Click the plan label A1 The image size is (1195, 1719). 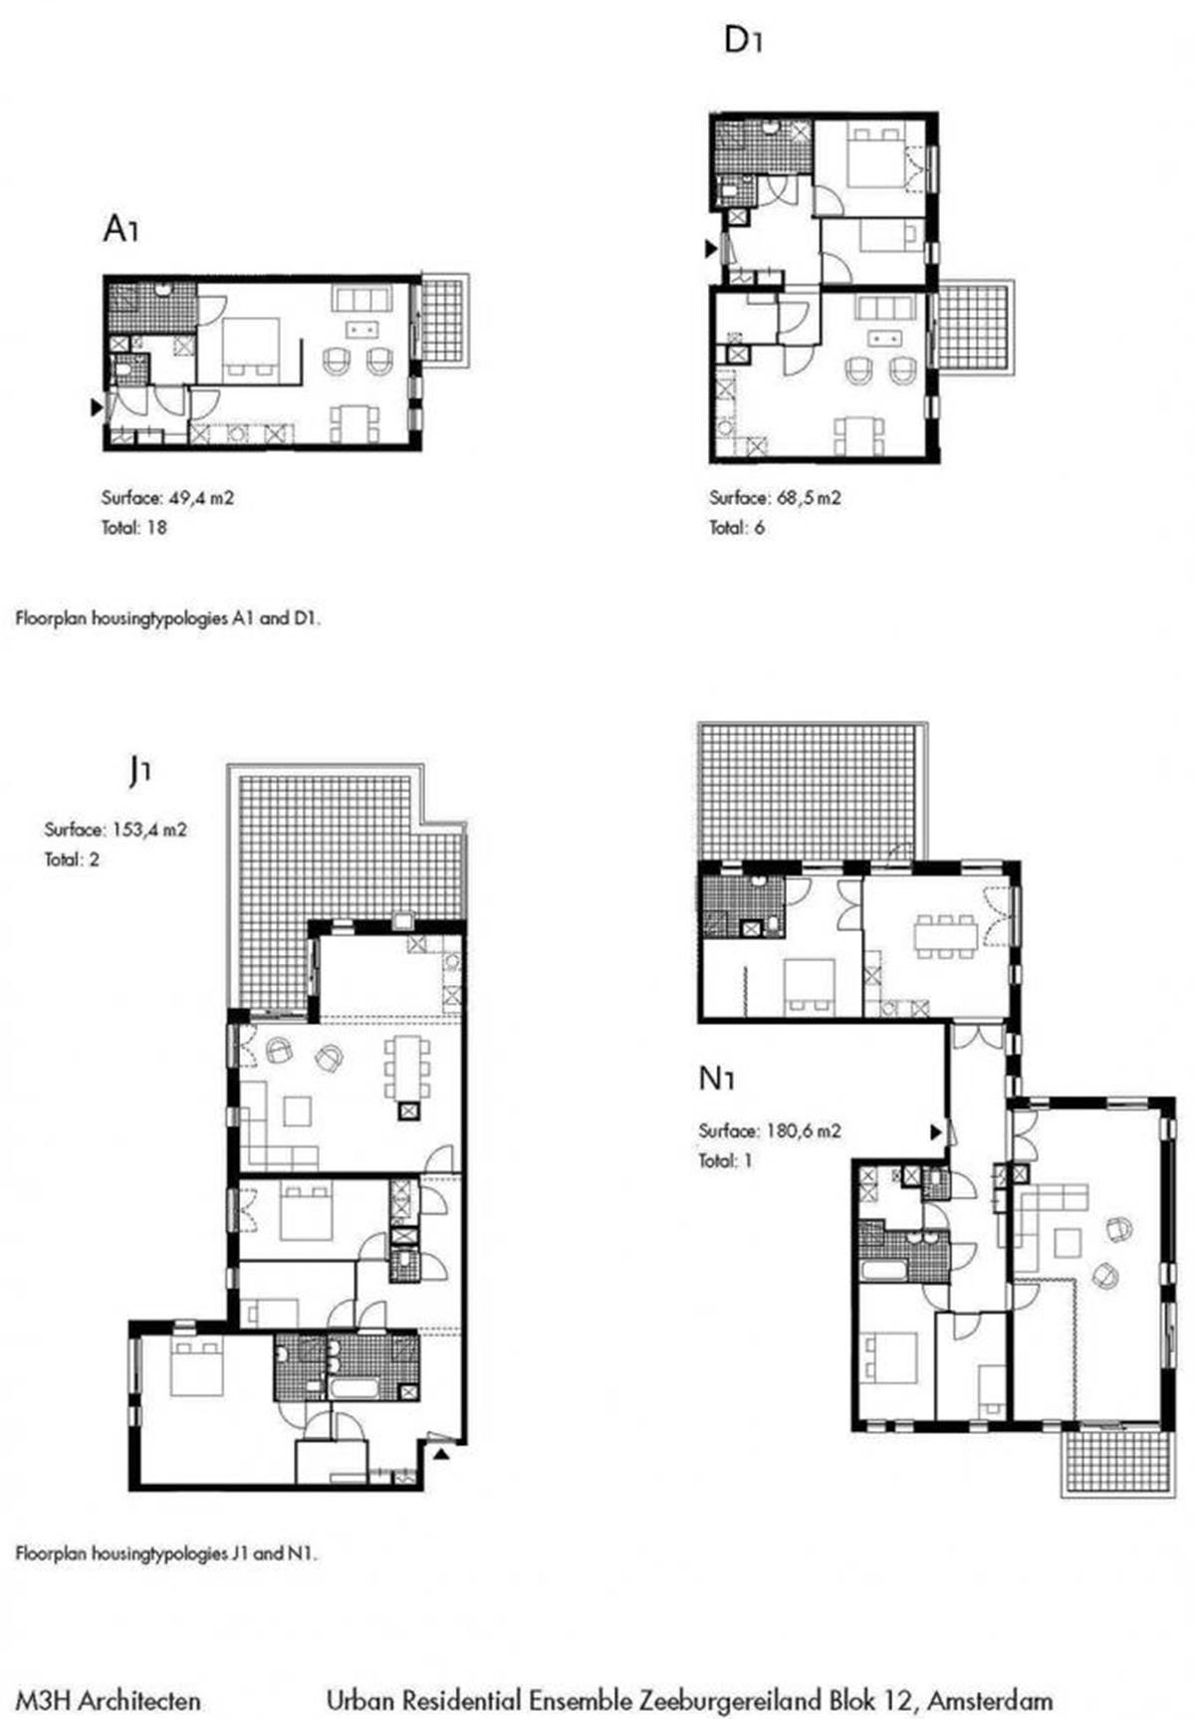(120, 230)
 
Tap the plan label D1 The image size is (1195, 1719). (743, 41)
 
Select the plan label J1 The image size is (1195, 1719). (140, 771)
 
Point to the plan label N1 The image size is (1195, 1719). (717, 1079)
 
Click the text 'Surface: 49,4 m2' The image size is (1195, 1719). (167, 497)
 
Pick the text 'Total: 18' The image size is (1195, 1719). (133, 528)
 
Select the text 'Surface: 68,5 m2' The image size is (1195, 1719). (775, 497)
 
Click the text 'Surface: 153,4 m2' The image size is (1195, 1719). (116, 829)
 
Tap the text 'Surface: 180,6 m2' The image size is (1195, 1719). (770, 1130)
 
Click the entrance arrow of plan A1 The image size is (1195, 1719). (96, 406)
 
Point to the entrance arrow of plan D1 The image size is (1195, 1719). (711, 248)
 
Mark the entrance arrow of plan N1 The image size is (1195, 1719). (936, 1131)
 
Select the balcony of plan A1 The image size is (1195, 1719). (443, 322)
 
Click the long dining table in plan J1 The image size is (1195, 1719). (408, 1067)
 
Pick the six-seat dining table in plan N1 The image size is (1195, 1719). (945, 936)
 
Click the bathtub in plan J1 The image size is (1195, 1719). (354, 1390)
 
